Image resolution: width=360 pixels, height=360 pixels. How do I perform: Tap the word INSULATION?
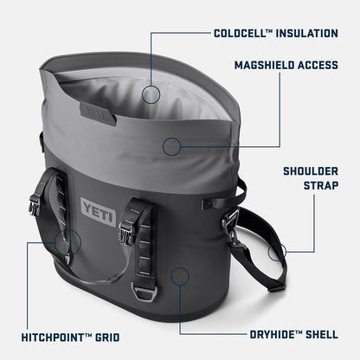306,34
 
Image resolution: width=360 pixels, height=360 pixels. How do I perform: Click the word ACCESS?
319,65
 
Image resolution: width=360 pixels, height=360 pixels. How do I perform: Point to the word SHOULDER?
310,170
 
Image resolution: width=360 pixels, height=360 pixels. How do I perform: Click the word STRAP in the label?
320,185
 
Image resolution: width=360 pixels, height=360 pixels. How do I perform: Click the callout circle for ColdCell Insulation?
151,94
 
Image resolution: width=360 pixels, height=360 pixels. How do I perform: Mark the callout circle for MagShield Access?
173,146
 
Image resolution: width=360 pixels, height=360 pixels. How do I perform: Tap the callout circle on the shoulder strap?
277,253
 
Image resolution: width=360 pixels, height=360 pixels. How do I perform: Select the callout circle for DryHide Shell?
180,276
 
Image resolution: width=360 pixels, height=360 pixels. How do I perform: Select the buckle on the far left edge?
35,206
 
